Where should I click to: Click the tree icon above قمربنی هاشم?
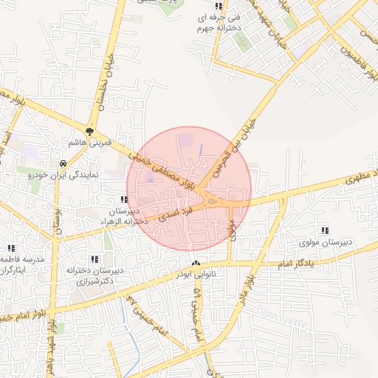[90, 131]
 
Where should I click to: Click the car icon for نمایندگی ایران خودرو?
[64, 163]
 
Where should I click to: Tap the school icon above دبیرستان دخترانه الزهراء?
[124, 199]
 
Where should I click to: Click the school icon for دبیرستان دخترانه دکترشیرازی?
[94, 259]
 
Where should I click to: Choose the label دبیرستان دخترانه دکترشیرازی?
[94, 275]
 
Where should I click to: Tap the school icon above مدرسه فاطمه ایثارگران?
[10, 249]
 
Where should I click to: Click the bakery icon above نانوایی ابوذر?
[196, 264]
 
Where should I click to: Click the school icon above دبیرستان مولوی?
[325, 231]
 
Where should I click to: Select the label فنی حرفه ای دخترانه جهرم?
[216, 22]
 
